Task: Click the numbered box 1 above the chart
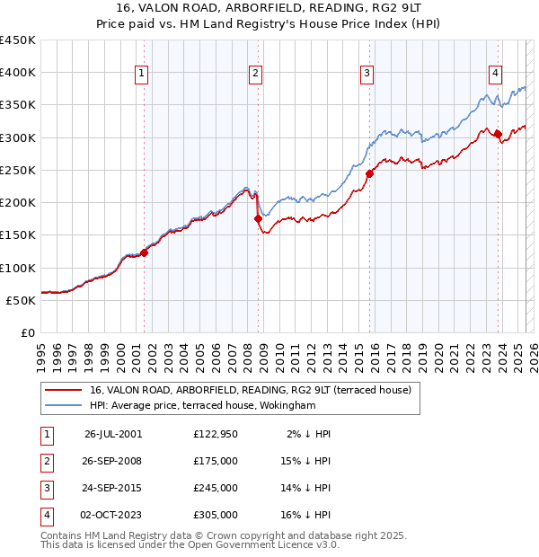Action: point(143,74)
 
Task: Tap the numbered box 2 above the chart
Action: point(256,74)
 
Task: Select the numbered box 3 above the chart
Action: point(367,74)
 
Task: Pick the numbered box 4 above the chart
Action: point(496,74)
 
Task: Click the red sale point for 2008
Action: point(258,218)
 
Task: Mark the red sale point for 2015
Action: point(369,172)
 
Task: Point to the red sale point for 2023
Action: point(498,134)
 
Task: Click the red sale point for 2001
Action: point(144,252)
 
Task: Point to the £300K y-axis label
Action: point(18,137)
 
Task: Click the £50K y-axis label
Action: point(22,300)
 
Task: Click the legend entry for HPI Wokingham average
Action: point(216,405)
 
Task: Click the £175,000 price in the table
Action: point(216,461)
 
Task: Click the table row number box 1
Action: point(45,434)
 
